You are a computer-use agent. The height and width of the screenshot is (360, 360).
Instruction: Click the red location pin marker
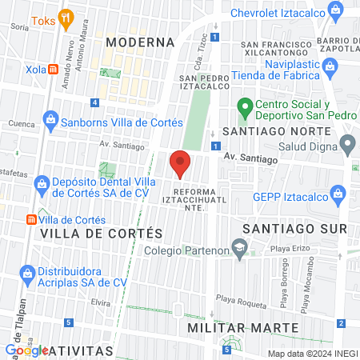[180, 163]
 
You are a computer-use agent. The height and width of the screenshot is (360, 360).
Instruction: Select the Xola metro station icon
[53, 70]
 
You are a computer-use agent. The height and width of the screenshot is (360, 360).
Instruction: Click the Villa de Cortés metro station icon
[30, 219]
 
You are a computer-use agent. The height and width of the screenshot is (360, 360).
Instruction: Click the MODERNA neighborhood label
[140, 42]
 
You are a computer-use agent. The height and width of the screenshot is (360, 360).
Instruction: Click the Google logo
[26, 350]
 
